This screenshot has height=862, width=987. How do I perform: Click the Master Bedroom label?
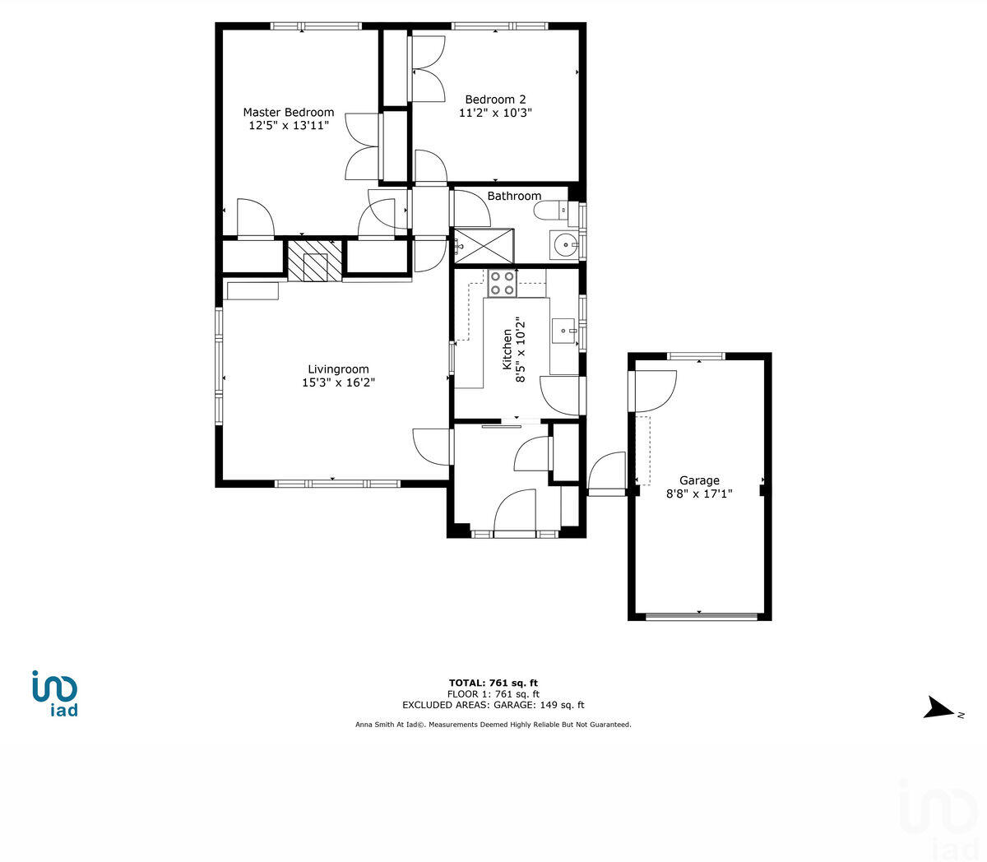pyautogui.click(x=288, y=113)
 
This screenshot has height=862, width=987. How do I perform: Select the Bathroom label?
pyautogui.click(x=514, y=196)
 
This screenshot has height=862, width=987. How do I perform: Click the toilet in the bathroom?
pyautogui.click(x=550, y=211)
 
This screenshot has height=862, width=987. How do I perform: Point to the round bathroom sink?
pyautogui.click(x=564, y=245)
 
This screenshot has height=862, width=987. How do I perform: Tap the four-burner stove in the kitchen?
pyautogui.click(x=502, y=283)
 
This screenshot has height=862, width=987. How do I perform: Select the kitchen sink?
pyautogui.click(x=564, y=331)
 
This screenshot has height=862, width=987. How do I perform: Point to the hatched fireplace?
pyautogui.click(x=314, y=261)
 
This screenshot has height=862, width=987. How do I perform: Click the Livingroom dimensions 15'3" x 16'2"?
pyautogui.click(x=338, y=382)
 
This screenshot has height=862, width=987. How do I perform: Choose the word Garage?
pyautogui.click(x=699, y=480)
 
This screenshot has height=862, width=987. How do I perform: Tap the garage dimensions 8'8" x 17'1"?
pyautogui.click(x=699, y=494)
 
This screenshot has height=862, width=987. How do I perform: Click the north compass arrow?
pyautogui.click(x=938, y=708)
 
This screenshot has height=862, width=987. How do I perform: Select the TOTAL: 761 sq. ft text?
pyautogui.click(x=493, y=683)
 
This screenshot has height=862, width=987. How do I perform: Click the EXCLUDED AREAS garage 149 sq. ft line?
pyautogui.click(x=493, y=705)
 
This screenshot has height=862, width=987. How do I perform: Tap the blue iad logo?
pyautogui.click(x=55, y=693)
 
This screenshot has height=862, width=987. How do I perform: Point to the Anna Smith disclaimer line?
pyautogui.click(x=493, y=725)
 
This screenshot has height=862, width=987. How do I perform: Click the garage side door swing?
pyautogui.click(x=653, y=390)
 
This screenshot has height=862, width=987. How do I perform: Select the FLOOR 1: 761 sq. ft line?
pyautogui.click(x=493, y=694)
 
